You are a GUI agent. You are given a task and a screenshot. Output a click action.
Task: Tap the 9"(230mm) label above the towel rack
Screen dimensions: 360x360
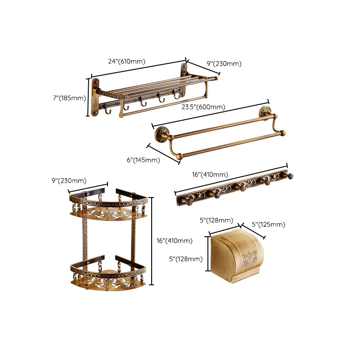click(224, 64)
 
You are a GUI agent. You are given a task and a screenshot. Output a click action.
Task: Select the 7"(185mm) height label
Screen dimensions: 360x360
click(68, 98)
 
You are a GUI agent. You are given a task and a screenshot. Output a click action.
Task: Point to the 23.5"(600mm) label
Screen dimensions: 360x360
click(203, 107)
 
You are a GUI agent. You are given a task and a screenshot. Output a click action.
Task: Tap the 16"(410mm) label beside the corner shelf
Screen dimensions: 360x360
click(174, 241)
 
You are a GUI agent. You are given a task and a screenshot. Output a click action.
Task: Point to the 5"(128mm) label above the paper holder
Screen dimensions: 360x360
click(216, 220)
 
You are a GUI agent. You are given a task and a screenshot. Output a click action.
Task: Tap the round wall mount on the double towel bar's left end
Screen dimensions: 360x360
click(161, 134)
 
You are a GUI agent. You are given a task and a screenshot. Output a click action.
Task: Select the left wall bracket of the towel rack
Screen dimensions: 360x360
click(95, 97)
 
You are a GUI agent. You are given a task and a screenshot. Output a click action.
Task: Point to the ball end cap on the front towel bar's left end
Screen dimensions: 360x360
click(179, 156)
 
